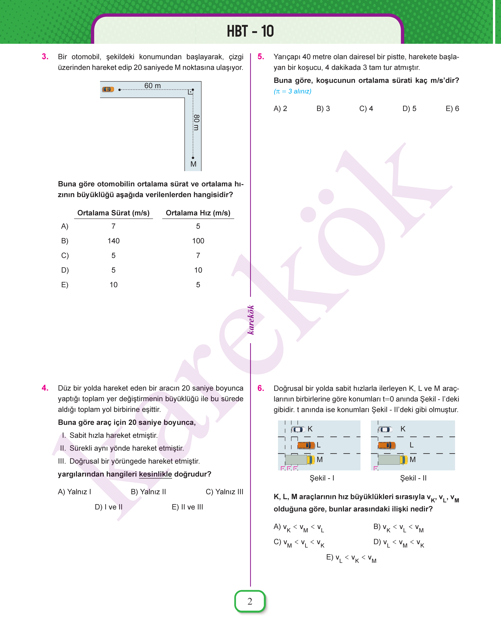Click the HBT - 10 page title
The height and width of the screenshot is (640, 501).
coord(250,31)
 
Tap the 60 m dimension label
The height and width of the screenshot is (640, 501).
coord(152,86)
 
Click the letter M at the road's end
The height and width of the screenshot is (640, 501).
coord(193,164)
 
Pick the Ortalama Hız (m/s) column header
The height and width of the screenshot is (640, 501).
coord(198,213)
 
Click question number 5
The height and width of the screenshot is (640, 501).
coord(261,57)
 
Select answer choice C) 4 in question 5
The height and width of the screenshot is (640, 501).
coord(366,108)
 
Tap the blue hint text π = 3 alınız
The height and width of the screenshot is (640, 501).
coord(292,91)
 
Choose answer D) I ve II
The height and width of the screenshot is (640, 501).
coord(109,507)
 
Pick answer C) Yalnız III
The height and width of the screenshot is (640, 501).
coord(224,492)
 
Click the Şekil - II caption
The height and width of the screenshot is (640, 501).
coord(413,478)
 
